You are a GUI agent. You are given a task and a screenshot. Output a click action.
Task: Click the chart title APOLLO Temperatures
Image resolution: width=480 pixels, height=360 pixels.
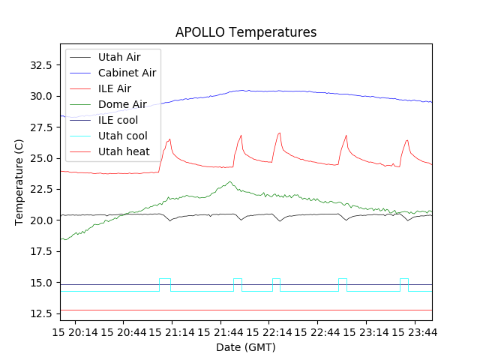(246, 32)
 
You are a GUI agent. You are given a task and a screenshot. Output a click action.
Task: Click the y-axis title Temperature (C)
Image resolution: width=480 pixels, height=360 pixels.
(19, 182)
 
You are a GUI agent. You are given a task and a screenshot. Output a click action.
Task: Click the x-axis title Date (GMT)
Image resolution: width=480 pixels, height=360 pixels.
(246, 347)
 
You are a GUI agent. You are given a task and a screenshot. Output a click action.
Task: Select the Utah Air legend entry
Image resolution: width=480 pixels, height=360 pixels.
(119, 57)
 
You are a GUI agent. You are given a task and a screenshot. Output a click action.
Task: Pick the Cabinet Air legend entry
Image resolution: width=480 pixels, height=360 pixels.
(127, 73)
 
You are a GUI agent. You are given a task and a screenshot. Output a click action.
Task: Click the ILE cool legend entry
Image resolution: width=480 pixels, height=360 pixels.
(118, 120)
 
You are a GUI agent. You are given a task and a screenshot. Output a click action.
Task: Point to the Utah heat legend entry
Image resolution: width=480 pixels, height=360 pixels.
(124, 151)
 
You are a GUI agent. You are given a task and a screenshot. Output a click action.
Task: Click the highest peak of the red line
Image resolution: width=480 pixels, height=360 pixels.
(279, 133)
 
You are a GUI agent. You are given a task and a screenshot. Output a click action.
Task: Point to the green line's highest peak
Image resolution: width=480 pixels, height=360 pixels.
(230, 181)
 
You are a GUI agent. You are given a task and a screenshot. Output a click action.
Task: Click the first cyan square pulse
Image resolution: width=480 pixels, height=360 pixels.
(165, 279)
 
